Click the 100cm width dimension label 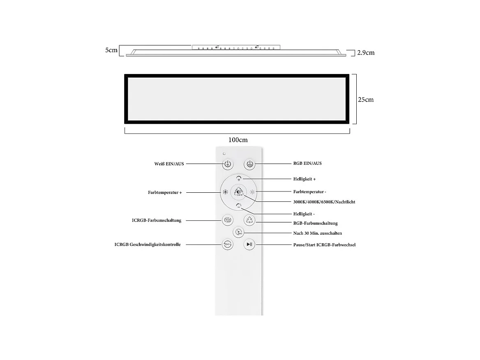coord(238,140)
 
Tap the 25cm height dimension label coord(366,99)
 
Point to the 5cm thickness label coord(111,50)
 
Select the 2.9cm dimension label coord(366,53)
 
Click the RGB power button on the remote coord(249,164)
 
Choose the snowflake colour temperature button coord(225,192)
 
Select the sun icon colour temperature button coord(253,192)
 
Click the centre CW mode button coord(239,192)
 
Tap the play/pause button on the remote coord(249,245)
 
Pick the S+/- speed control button coord(227,245)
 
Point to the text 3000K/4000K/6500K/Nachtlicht coord(324,202)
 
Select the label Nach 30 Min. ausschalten coord(317,233)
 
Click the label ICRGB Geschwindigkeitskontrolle coord(148,245)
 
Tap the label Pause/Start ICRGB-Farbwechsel coord(324,245)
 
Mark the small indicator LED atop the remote coord(224,154)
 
